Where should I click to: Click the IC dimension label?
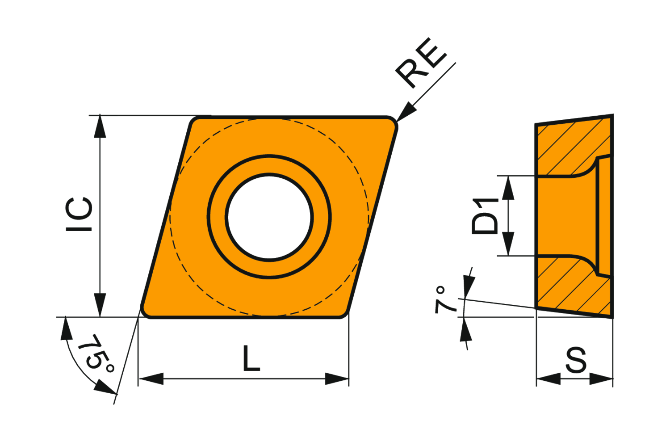click(x=80, y=215)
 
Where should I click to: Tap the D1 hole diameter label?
click(x=485, y=216)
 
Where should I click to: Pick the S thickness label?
click(x=576, y=360)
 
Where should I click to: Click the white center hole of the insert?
click(x=269, y=217)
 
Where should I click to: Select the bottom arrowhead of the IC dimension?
click(x=100, y=306)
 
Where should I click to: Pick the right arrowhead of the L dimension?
click(x=337, y=379)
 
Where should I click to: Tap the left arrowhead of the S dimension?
click(x=548, y=379)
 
